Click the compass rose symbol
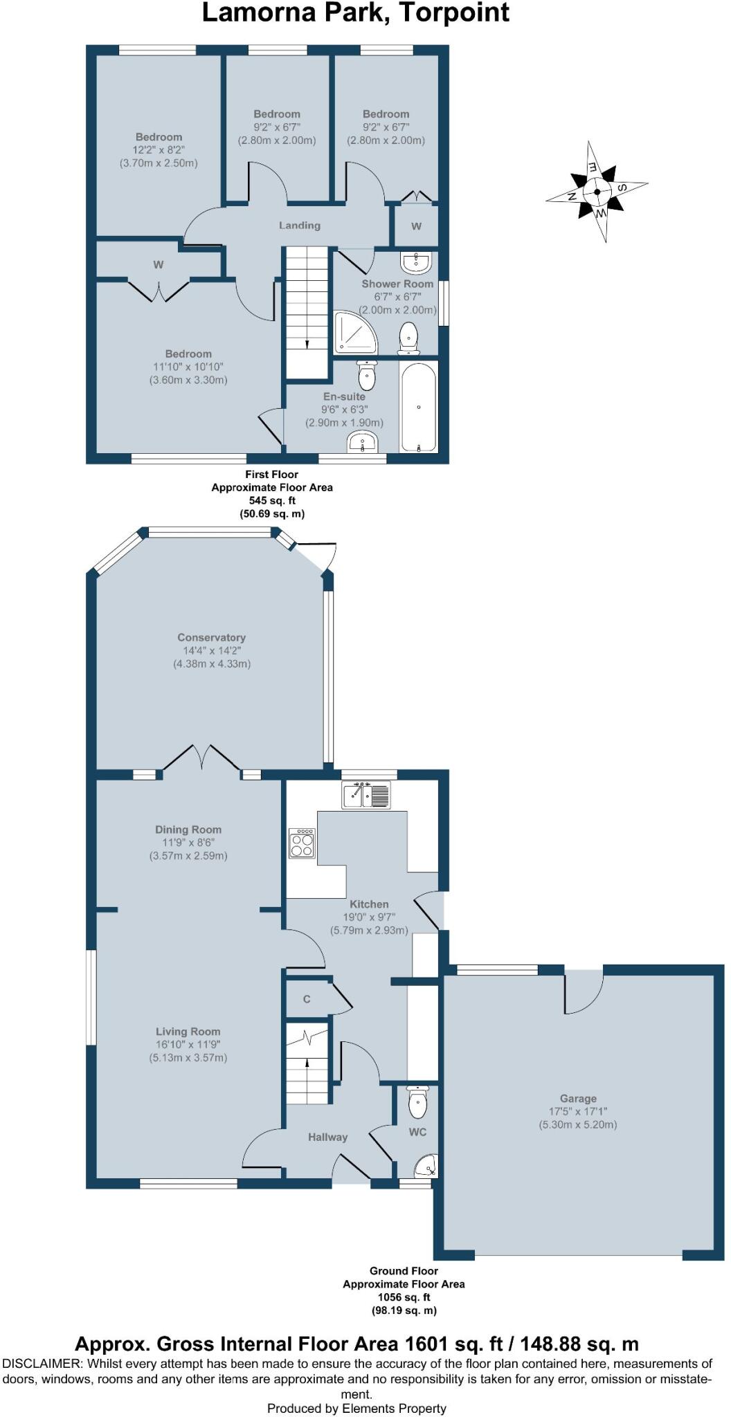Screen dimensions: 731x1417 pos(596,192)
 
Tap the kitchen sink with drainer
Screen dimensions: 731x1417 pos(366,794)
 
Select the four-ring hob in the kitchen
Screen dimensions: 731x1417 pos(302,843)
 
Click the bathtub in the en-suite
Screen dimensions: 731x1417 pos(418,406)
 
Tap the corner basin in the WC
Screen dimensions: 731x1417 pos(426,1165)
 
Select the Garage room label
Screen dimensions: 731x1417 pos(578,1098)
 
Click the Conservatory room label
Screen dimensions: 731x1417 pos(211,637)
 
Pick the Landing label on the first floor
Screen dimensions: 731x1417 pos(300,225)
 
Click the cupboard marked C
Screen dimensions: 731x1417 pos(307,998)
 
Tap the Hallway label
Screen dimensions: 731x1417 pos(328,1137)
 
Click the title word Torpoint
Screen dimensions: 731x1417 pos(453,13)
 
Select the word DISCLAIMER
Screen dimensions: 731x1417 pos(42,1364)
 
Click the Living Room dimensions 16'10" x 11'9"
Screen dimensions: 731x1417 pos(188,1044)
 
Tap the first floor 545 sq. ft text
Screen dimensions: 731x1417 pos(272,500)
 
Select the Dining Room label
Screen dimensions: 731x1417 pos(188,830)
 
